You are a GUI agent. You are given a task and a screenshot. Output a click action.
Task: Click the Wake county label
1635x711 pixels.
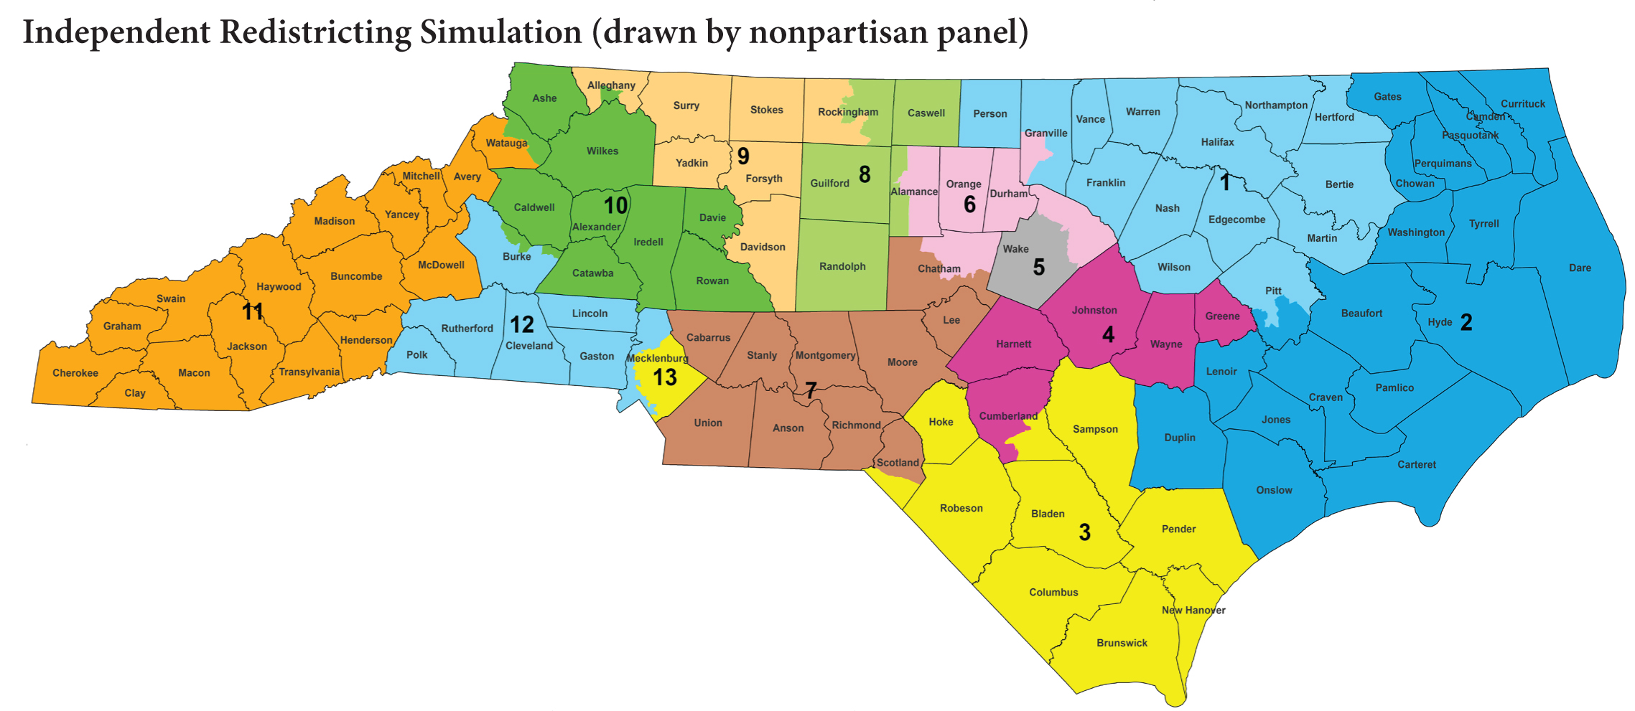pos(1015,249)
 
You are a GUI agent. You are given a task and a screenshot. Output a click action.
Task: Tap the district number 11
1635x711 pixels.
pos(252,311)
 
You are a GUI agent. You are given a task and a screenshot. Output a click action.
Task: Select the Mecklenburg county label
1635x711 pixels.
pos(657,358)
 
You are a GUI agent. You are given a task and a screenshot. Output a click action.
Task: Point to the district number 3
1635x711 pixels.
pos(1084,532)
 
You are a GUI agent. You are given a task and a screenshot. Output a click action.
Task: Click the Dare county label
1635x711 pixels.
pos(1580,268)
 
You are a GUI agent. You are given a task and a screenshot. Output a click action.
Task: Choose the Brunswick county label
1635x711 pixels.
pos(1122,643)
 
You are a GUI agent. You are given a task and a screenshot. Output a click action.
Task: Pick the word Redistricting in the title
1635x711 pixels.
pos(315,32)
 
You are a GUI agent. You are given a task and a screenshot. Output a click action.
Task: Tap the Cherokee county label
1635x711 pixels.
pos(75,373)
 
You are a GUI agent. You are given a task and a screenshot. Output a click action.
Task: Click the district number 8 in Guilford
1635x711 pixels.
pos(865,174)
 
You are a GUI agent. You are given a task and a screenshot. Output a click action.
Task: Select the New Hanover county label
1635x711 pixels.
pos(1193,611)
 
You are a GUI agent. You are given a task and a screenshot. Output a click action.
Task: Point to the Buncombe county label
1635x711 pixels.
pos(356,276)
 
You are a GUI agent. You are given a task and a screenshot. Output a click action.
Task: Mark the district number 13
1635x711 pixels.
pos(665,377)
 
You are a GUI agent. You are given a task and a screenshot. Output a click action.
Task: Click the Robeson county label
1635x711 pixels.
pos(961,508)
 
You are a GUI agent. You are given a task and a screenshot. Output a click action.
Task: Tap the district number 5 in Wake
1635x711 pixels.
pos(1038,268)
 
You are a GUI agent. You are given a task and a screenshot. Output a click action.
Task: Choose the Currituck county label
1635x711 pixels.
pos(1522,103)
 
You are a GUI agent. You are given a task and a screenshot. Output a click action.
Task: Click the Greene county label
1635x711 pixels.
pos(1222,316)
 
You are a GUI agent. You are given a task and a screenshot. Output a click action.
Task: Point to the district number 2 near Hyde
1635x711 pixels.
pos(1466,322)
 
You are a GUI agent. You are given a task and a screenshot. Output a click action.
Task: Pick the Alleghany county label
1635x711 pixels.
pos(611,85)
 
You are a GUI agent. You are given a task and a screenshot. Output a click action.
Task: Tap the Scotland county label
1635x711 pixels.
pos(898,463)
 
